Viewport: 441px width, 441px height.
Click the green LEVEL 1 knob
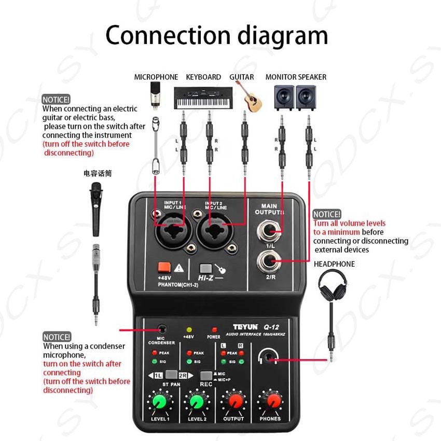coord(160,402)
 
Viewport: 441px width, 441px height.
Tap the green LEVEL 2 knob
coord(196,402)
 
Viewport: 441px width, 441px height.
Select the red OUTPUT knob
coord(233,402)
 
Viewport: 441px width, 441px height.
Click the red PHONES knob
coord(270,402)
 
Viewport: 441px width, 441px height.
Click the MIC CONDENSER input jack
coord(163,329)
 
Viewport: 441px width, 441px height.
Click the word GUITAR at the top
coord(242,77)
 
